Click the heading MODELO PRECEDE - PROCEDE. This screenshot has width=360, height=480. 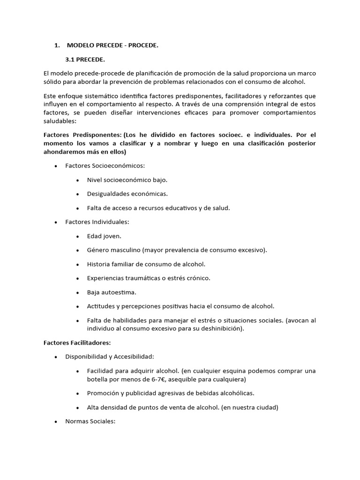112,45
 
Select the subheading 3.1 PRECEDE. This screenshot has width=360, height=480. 85,60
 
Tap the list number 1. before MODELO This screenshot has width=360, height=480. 57,45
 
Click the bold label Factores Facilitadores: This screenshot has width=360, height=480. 76,343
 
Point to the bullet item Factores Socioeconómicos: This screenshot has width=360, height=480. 105,165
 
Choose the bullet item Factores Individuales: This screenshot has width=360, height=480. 97,222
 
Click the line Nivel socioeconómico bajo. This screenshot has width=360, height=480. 127,180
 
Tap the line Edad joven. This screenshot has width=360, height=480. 104,236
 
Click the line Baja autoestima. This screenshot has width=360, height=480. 112,292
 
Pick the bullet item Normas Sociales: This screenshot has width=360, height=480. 90,421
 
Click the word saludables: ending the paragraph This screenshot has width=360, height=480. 59,120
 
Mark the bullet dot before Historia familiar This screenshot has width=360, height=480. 77,264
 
